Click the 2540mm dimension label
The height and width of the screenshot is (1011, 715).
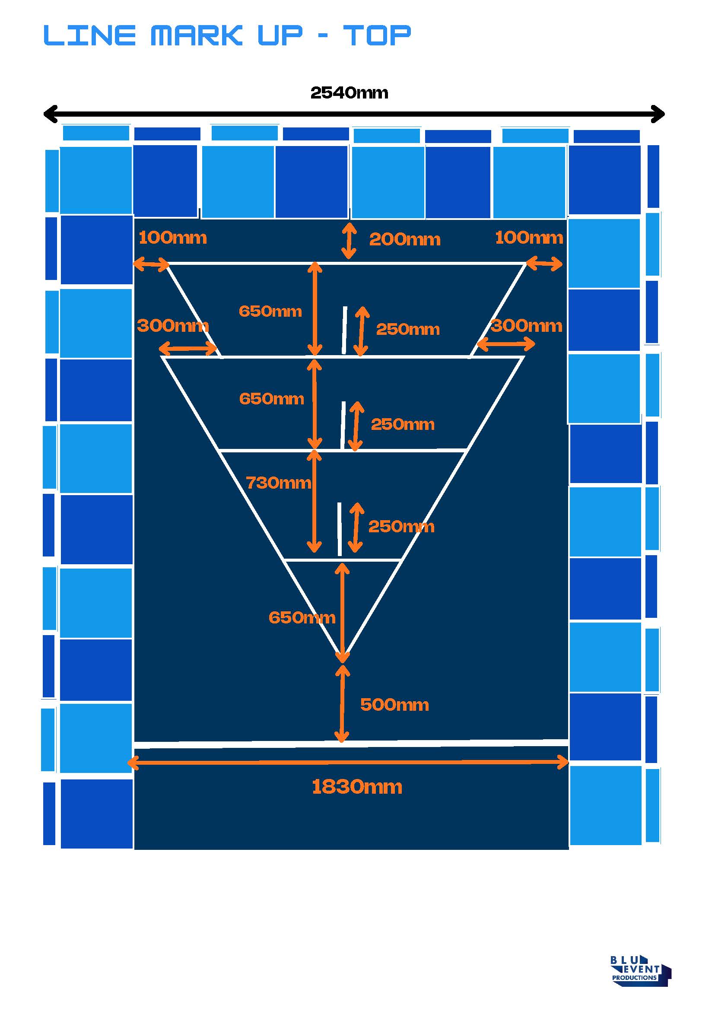point(349,93)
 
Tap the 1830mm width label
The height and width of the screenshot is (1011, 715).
point(356,787)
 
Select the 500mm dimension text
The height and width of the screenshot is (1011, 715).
point(394,705)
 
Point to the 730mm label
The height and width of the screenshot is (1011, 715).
point(278,483)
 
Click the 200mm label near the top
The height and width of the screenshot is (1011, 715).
point(405,239)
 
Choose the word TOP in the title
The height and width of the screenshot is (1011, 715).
point(377,35)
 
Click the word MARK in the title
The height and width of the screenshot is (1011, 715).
point(197,35)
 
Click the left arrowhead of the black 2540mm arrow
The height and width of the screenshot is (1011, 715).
point(48,114)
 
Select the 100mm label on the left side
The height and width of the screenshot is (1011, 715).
point(172,238)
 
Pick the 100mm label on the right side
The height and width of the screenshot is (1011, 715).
point(529,238)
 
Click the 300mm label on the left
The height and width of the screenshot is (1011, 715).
point(172,326)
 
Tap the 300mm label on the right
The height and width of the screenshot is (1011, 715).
point(527,326)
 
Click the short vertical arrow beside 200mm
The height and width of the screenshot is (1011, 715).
point(349,241)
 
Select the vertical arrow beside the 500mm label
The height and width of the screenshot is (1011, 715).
point(342,704)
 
